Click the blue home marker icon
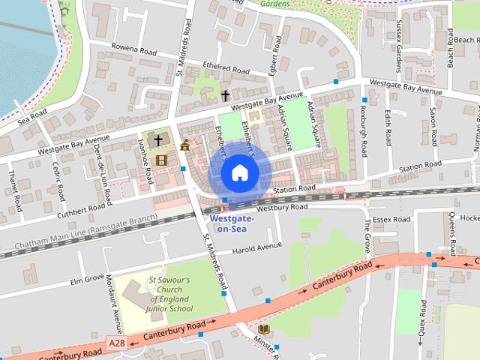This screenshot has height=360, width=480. (239, 173)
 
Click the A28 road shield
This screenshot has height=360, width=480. (116, 342)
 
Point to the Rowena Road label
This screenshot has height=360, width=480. (135, 52)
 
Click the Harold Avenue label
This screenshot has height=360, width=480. (256, 248)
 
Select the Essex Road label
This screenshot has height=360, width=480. (392, 220)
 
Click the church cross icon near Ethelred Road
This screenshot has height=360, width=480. (225, 95)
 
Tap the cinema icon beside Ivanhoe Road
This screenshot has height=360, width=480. (160, 159)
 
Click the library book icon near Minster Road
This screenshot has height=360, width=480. (263, 329)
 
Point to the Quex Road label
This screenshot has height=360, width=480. (424, 317)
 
